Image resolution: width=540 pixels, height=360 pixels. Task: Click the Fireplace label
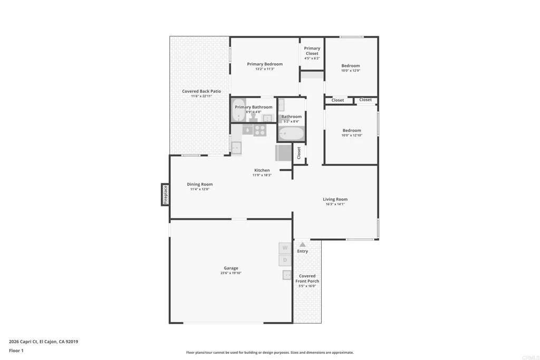coord(165,194)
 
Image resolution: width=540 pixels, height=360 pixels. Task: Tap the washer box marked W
coord(285,248)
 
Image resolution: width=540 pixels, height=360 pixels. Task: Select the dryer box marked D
coord(285,260)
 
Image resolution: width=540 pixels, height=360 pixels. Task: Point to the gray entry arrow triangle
coord(302,245)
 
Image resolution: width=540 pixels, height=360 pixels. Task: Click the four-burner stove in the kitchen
coord(260,130)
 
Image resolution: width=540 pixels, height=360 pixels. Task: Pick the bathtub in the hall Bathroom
coord(291,133)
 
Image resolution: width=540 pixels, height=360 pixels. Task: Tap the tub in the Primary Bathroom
coord(238,110)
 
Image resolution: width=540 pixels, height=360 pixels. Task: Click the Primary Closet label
coord(312,51)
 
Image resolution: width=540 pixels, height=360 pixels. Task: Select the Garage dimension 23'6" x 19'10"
coord(231,273)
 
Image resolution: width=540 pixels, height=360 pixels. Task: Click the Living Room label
coord(335,199)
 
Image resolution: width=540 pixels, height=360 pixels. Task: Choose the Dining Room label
coord(200,184)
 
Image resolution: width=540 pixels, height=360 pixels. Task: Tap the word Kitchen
coord(262,170)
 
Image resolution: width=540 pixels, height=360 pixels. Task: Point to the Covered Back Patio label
coord(201,91)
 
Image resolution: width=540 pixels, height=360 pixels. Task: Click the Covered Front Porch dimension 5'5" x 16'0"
coord(307,286)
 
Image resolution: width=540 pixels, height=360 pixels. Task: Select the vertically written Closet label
coord(299,153)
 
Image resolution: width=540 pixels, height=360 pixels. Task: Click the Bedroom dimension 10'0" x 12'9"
coord(351,71)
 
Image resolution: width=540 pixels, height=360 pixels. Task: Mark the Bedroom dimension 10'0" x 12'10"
coord(352,135)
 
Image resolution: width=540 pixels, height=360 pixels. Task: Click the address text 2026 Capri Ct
coord(23,342)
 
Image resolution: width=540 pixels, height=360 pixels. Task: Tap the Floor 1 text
coord(16,351)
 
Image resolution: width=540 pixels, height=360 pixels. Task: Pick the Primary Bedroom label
coord(265,64)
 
